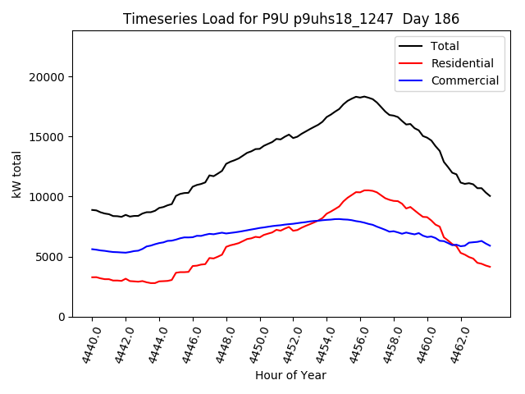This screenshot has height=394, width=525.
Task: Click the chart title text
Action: pyautogui.click(x=290, y=19)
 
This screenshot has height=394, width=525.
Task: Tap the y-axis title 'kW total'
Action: pyautogui.click(x=17, y=174)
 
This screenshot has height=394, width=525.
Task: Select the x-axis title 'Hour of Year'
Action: pyautogui.click(x=290, y=375)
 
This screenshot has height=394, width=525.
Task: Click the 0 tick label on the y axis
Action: pyautogui.click(x=62, y=317)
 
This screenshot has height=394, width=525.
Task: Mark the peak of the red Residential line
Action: pyautogui.click(x=366, y=190)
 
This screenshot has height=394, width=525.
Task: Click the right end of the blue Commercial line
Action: pyautogui.click(x=490, y=245)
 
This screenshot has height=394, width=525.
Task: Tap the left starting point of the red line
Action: pyautogui.click(x=92, y=277)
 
